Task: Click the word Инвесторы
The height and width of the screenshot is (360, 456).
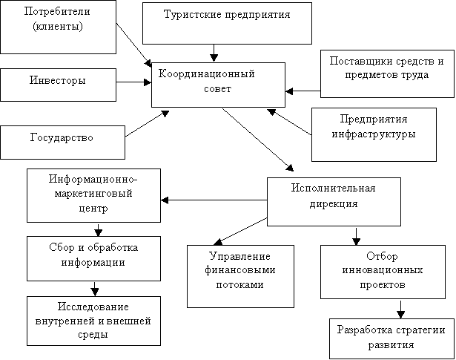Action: click(x=58, y=80)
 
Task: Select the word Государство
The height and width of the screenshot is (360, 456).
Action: click(x=62, y=137)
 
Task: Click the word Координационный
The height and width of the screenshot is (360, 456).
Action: click(x=206, y=74)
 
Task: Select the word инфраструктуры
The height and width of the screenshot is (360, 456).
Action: click(x=374, y=134)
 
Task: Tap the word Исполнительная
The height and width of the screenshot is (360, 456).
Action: click(x=333, y=188)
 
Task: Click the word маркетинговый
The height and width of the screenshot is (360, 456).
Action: click(x=93, y=194)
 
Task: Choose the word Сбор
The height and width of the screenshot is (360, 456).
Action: click(x=62, y=247)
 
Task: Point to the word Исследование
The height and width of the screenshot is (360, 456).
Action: click(x=93, y=307)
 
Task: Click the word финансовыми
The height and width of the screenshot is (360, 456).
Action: click(x=240, y=270)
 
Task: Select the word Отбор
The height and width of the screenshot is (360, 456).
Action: click(x=382, y=256)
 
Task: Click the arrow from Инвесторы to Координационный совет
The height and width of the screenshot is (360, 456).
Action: click(x=133, y=82)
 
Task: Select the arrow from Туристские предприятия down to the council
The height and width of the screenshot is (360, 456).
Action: click(x=214, y=53)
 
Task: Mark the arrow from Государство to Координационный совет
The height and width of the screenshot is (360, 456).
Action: click(x=147, y=124)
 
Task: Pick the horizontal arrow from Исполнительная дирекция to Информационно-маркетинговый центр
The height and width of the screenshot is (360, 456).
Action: click(x=214, y=200)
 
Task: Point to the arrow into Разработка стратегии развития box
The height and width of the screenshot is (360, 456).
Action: click(x=400, y=310)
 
